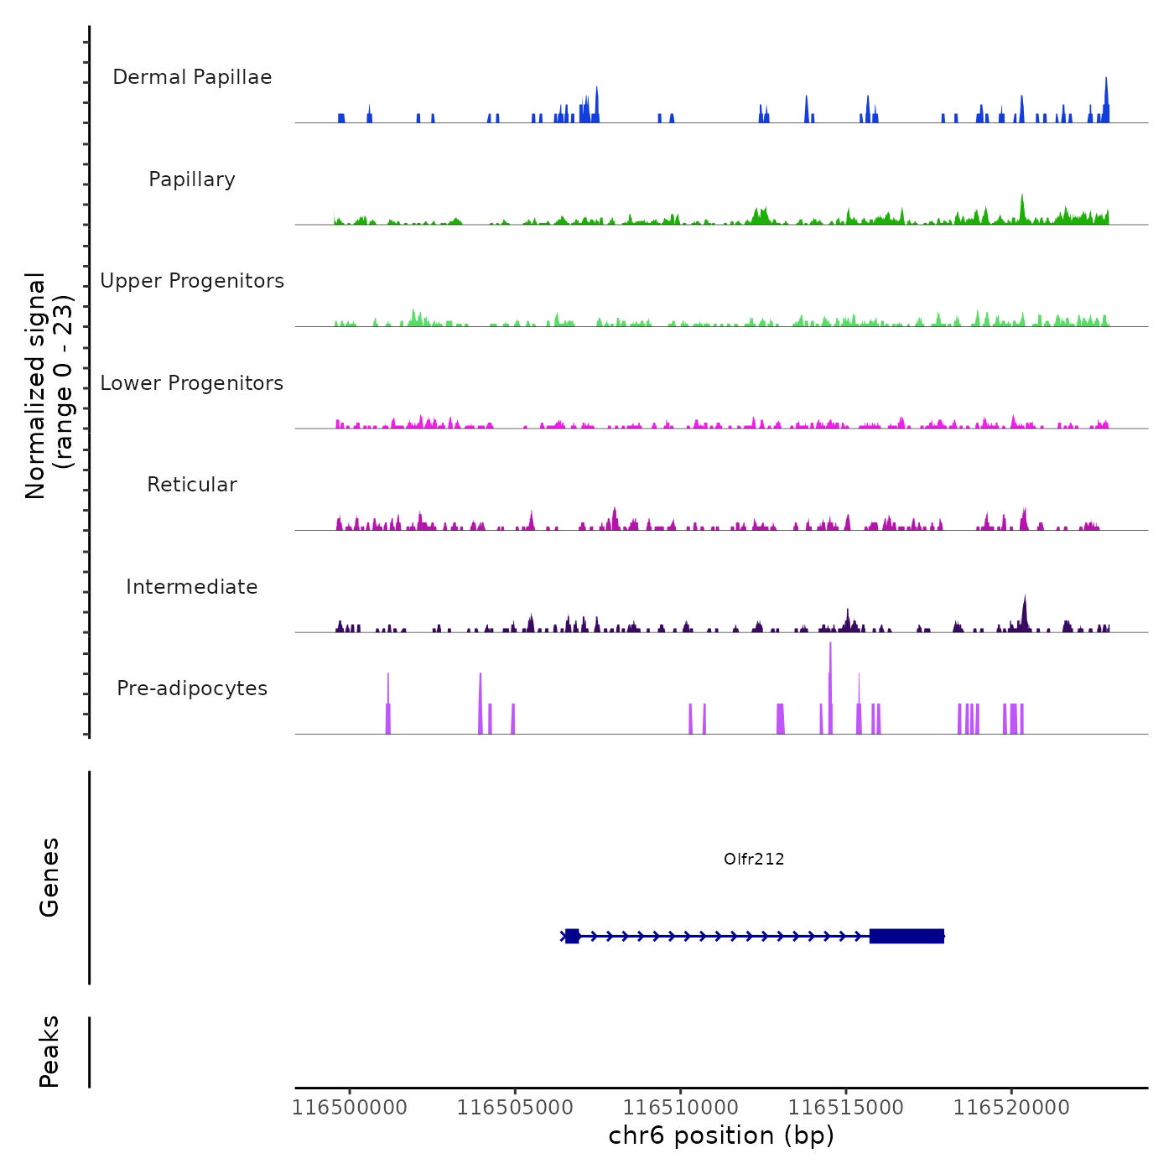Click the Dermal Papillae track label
pos(192,77)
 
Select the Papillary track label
pos(192,179)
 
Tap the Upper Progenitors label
pos(192,281)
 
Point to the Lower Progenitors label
pos(192,383)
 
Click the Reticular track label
pos(192,485)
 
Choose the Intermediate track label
pos(192,587)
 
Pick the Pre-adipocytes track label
pos(192,688)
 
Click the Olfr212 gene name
pos(754,859)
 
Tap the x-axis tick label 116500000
pos(350,1108)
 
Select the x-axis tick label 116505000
pos(515,1108)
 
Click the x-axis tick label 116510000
pos(681,1108)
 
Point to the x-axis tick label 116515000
pos(846,1108)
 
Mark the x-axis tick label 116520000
pos(1011,1108)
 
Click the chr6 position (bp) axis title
pos(721,1135)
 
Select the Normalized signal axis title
pos(49,385)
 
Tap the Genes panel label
pos(49,877)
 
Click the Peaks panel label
pos(49,1052)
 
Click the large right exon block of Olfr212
pos(906,936)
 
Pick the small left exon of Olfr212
pos(572,936)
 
